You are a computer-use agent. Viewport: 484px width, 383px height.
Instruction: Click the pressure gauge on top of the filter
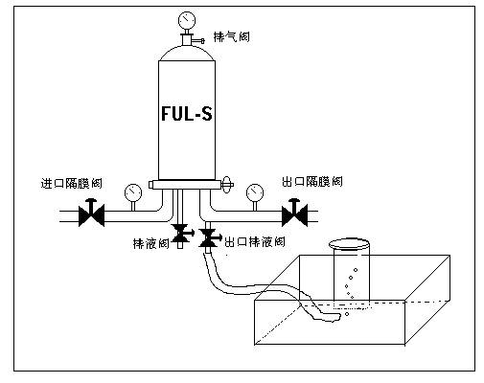point(187,21)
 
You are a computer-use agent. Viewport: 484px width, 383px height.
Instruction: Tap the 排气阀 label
point(231,37)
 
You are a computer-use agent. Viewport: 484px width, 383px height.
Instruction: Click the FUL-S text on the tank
point(187,113)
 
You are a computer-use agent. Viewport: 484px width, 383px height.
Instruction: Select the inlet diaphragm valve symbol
point(91,213)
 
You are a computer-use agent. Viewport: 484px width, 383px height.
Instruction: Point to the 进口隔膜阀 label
point(72,183)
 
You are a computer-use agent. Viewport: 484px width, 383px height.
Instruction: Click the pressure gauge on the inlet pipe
point(133,192)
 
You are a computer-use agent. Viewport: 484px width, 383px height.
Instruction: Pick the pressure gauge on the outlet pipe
point(255,192)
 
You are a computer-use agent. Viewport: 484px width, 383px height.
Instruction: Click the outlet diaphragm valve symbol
point(294,213)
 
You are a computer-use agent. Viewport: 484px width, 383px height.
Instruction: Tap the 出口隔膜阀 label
point(312,181)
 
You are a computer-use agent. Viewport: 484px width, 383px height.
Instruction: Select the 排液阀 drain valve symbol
point(181,234)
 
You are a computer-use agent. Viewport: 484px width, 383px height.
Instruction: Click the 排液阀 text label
point(150,244)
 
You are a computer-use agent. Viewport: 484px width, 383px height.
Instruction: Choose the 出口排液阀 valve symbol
point(209,237)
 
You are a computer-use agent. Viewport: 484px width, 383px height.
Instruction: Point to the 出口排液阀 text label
point(255,242)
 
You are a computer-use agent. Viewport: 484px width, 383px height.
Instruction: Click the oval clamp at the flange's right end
point(226,185)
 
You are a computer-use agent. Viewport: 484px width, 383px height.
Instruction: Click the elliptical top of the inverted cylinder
point(350,244)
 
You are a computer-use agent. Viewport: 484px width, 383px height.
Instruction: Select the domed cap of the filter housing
point(187,54)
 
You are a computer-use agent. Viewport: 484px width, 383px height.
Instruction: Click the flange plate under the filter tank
point(187,185)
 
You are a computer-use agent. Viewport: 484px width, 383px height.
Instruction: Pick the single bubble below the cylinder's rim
point(347,314)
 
